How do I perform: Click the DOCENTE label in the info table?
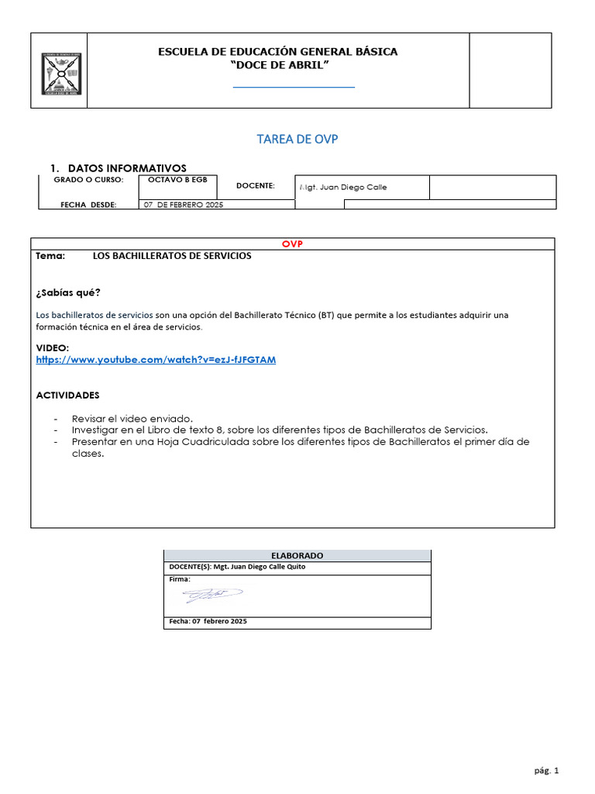tap(256, 186)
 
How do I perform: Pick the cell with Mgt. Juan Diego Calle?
tap(342, 187)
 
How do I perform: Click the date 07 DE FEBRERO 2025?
tap(183, 205)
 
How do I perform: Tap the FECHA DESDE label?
tap(88, 205)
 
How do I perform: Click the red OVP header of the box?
tap(292, 243)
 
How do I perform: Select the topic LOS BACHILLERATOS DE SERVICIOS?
tap(172, 256)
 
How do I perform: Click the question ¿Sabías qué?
tap(68, 292)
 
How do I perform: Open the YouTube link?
tap(156, 360)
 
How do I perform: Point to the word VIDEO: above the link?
tap(53, 348)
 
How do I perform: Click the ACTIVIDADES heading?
tap(68, 395)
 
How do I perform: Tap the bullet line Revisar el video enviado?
tap(132, 417)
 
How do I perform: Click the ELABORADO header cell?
tap(297, 555)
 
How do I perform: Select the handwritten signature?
tap(212, 595)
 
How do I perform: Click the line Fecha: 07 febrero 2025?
tap(208, 622)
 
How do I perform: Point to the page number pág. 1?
tap(545, 770)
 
